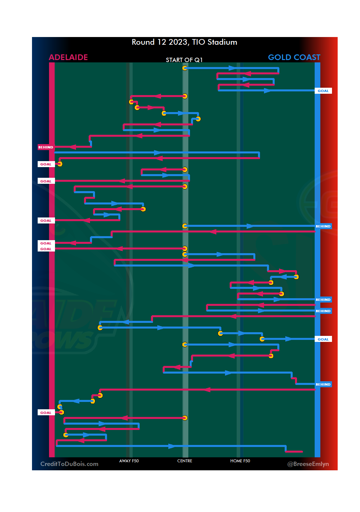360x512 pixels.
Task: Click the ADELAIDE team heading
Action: click(68, 57)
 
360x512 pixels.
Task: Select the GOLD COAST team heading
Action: click(294, 57)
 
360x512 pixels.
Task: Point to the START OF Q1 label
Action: click(184, 60)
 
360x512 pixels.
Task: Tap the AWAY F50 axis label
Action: click(129, 461)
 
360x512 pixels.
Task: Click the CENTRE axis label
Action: click(185, 461)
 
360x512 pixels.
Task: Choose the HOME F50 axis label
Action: click(240, 461)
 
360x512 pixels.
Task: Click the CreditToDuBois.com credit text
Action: click(69, 464)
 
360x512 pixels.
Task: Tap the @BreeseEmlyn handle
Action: click(308, 464)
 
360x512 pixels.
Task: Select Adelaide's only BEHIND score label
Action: click(46, 147)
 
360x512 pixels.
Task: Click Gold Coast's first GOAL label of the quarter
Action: click(323, 91)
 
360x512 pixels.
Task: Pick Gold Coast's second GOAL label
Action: click(323, 339)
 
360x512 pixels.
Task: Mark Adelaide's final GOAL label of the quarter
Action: click(46, 413)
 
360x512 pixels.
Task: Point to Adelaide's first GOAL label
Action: click(46, 164)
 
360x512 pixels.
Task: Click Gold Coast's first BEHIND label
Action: click(323, 226)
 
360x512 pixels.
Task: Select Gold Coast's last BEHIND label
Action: click(323, 384)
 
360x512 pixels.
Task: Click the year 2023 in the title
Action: click(178, 42)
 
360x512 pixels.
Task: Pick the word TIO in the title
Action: click(198, 42)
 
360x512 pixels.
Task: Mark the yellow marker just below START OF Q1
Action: click(185, 68)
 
